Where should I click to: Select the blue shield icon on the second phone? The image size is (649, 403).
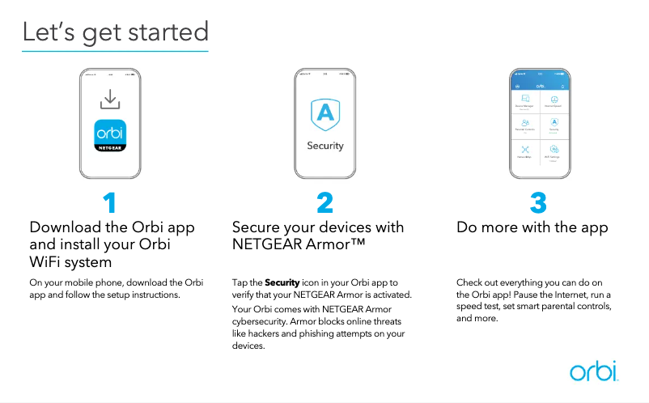pyautogui.click(x=324, y=114)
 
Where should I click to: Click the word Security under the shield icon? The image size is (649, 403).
pyautogui.click(x=324, y=146)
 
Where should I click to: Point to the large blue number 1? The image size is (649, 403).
pyautogui.click(x=110, y=201)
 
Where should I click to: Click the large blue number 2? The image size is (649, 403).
pyautogui.click(x=324, y=201)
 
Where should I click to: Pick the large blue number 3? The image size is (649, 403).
pyautogui.click(x=538, y=201)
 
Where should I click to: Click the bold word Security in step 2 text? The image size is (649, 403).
pyautogui.click(x=282, y=282)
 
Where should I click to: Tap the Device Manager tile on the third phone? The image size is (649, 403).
pyautogui.click(x=525, y=100)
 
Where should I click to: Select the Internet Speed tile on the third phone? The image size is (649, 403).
pyautogui.click(x=554, y=100)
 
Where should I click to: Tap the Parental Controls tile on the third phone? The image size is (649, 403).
pyautogui.click(x=525, y=125)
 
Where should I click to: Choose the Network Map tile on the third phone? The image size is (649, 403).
pyautogui.click(x=525, y=151)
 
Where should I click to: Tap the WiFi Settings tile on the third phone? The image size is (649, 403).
pyautogui.click(x=554, y=151)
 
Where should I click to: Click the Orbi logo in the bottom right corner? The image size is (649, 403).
pyautogui.click(x=593, y=371)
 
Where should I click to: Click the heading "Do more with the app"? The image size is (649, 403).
pyautogui.click(x=532, y=227)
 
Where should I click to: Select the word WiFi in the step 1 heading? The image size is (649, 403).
pyautogui.click(x=47, y=261)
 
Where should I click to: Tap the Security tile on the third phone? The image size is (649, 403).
pyautogui.click(x=554, y=125)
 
